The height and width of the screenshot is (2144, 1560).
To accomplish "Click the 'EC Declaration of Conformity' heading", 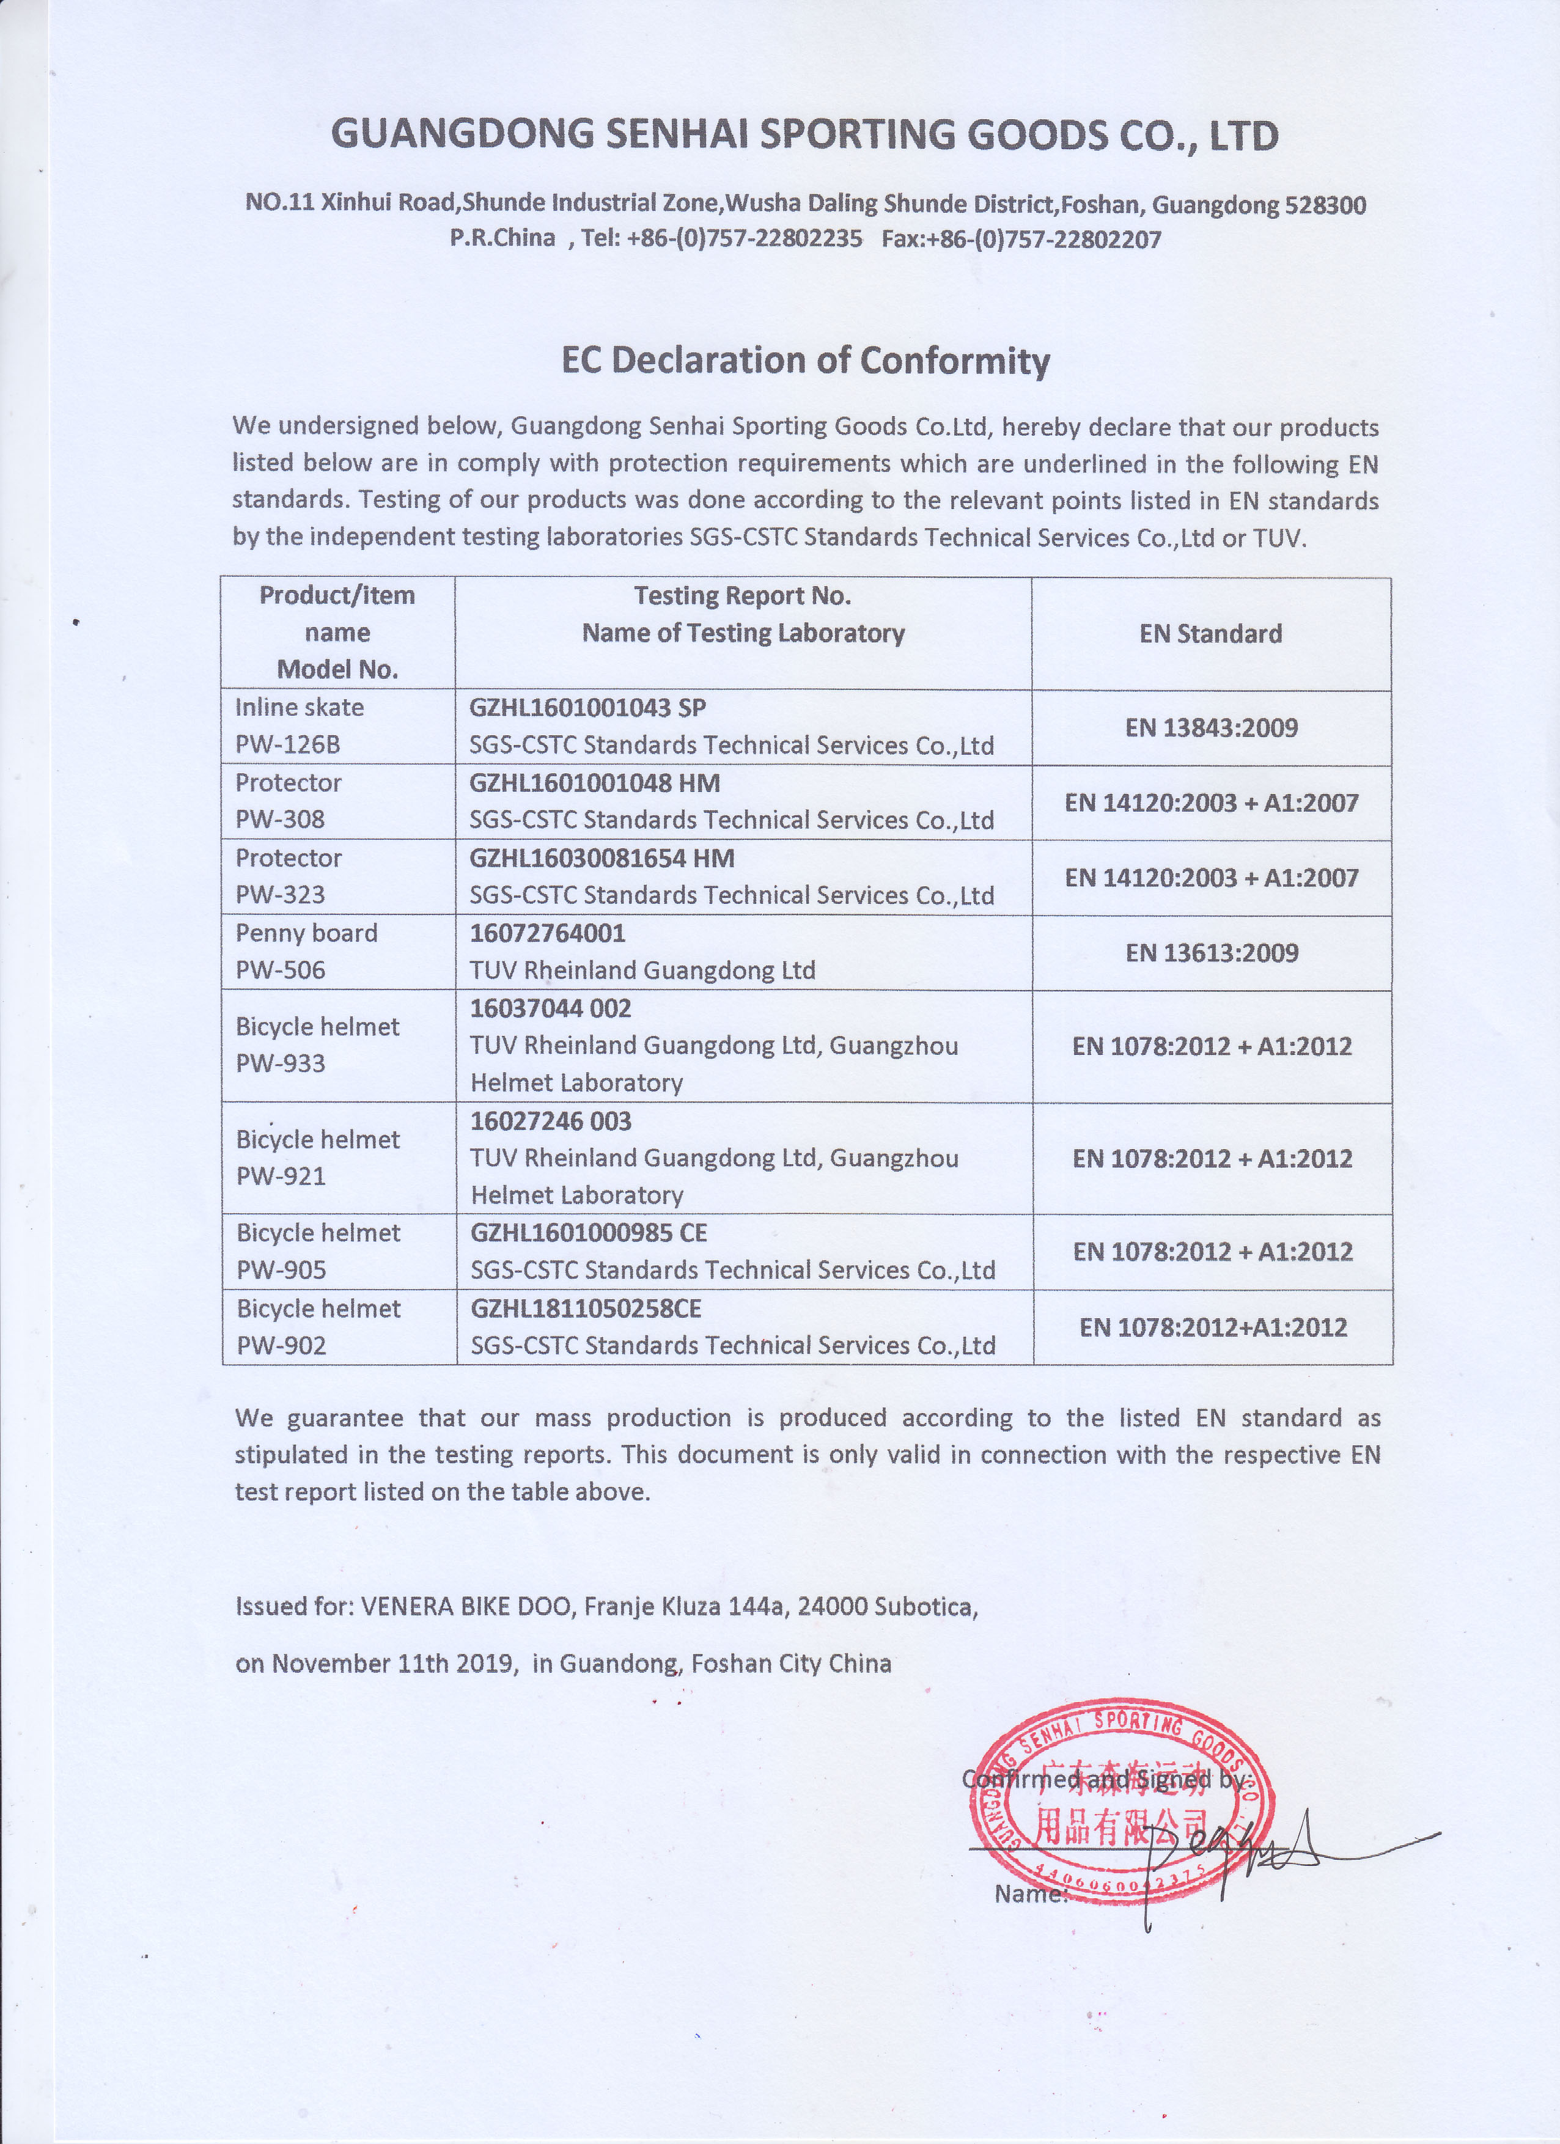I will tap(806, 360).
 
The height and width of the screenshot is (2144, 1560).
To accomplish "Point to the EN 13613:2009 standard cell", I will tap(1211, 952).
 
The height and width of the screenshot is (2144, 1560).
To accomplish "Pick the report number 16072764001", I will tap(548, 933).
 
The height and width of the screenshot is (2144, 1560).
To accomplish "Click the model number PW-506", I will tap(280, 970).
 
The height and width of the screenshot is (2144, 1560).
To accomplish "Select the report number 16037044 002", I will tap(550, 1008).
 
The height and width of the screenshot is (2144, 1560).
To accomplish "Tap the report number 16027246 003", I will tap(550, 1121).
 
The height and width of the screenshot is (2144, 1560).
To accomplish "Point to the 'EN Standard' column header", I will tap(1210, 633).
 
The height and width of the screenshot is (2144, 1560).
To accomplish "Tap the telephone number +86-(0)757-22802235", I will tap(744, 238).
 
